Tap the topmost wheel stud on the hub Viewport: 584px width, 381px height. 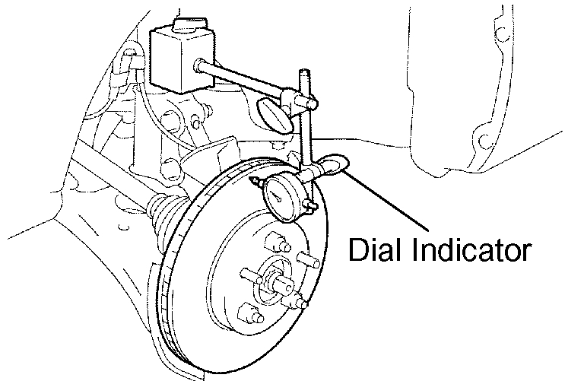pos(276,246)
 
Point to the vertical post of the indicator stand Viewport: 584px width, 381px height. pos(306,129)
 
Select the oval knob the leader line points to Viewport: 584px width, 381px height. pos(334,162)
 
